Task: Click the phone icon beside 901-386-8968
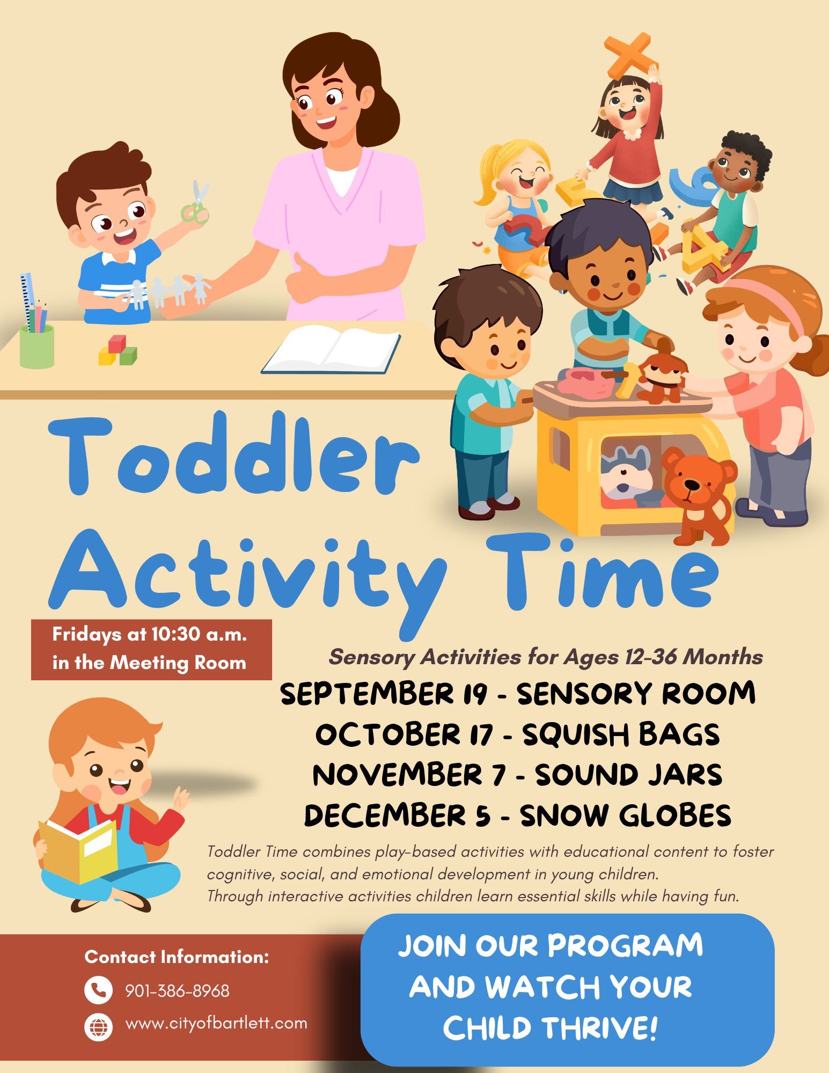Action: coord(98,990)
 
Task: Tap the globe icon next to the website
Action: coord(98,1027)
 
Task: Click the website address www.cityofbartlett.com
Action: coord(216,1023)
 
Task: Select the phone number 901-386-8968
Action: coord(177,991)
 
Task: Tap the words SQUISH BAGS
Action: coord(621,734)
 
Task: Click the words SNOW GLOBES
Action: coord(626,815)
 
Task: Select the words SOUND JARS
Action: coord(628,775)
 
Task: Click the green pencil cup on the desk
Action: coord(37,346)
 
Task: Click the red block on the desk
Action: coord(116,343)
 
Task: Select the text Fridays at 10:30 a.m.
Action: coord(150,635)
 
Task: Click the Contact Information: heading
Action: coord(177,957)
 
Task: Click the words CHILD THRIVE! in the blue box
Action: coord(549,1028)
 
